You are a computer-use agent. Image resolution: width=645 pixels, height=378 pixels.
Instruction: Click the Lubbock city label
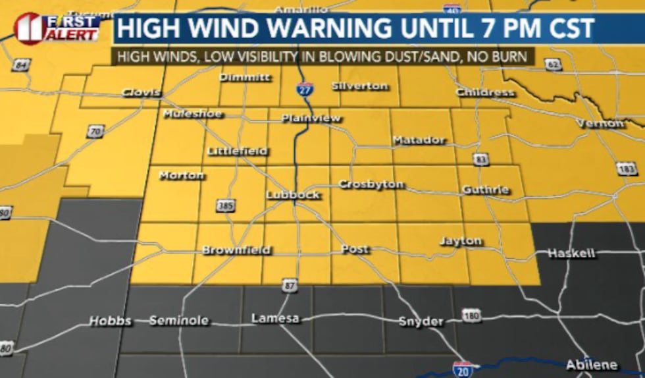coord(293,195)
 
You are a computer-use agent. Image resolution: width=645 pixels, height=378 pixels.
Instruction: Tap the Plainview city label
coord(311,119)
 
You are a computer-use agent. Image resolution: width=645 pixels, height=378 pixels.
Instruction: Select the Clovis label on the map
coord(142,93)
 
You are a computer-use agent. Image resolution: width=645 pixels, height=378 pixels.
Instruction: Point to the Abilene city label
coord(592,364)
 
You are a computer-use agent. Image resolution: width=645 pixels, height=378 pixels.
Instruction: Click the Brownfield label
coord(236,250)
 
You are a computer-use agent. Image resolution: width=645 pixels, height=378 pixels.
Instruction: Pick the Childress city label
coord(485,92)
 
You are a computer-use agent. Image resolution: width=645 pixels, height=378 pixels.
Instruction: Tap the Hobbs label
coord(110,321)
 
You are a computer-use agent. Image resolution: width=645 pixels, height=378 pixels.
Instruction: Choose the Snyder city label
coord(421,321)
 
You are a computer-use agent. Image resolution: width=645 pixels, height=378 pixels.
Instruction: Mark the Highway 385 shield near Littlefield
coord(225,207)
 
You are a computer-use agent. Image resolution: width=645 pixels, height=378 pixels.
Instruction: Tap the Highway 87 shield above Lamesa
coord(288,285)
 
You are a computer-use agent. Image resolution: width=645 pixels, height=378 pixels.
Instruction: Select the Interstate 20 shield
coord(463,369)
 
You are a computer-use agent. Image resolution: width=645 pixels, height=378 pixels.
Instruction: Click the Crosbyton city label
coord(371,184)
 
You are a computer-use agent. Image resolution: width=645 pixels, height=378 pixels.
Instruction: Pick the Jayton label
coord(460,241)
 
